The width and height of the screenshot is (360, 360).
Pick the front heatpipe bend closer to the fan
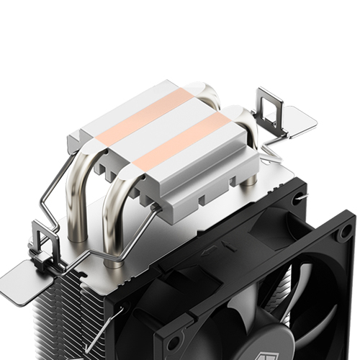[122, 194]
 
